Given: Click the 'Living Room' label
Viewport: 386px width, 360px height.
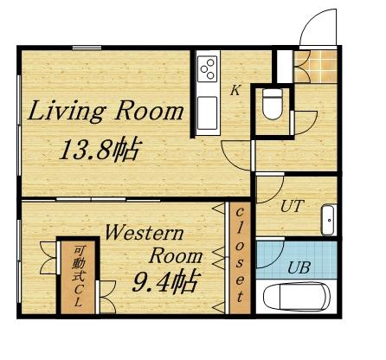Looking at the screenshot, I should click(x=107, y=112).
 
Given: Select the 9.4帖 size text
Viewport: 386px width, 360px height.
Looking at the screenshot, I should click(x=164, y=281).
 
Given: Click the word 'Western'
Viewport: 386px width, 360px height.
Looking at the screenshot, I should click(x=143, y=233).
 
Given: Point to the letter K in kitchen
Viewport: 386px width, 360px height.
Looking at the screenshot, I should click(x=234, y=89).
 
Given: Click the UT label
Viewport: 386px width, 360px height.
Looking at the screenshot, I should click(x=293, y=207).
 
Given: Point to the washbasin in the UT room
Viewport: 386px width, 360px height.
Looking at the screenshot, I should click(x=330, y=220).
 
